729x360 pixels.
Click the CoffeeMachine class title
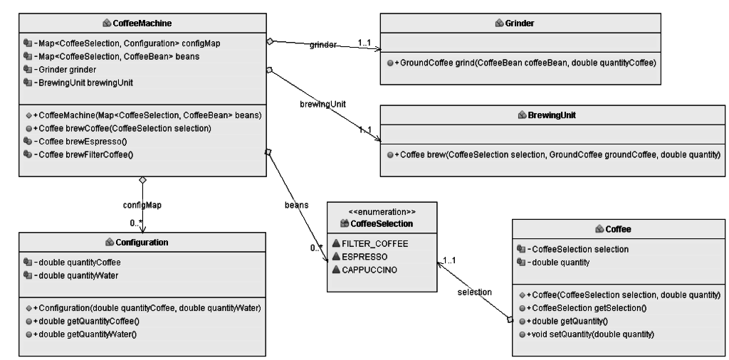[x=142, y=23]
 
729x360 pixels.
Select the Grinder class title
[x=519, y=23]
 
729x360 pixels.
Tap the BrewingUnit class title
[x=552, y=115]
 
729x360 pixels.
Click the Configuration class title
[x=142, y=243]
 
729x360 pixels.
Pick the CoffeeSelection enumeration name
[x=382, y=224]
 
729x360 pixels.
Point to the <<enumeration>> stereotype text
[x=382, y=212]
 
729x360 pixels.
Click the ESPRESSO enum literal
[x=364, y=257]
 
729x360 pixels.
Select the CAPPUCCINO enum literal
[x=369, y=270]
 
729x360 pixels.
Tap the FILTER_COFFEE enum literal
[x=374, y=244]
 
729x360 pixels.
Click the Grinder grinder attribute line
[x=65, y=70]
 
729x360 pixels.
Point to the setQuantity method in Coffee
[x=590, y=334]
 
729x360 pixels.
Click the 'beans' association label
[x=297, y=205]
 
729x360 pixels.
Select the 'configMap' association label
[x=142, y=205]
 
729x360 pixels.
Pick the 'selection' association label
[x=475, y=292]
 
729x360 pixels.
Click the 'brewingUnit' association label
[x=322, y=104]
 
